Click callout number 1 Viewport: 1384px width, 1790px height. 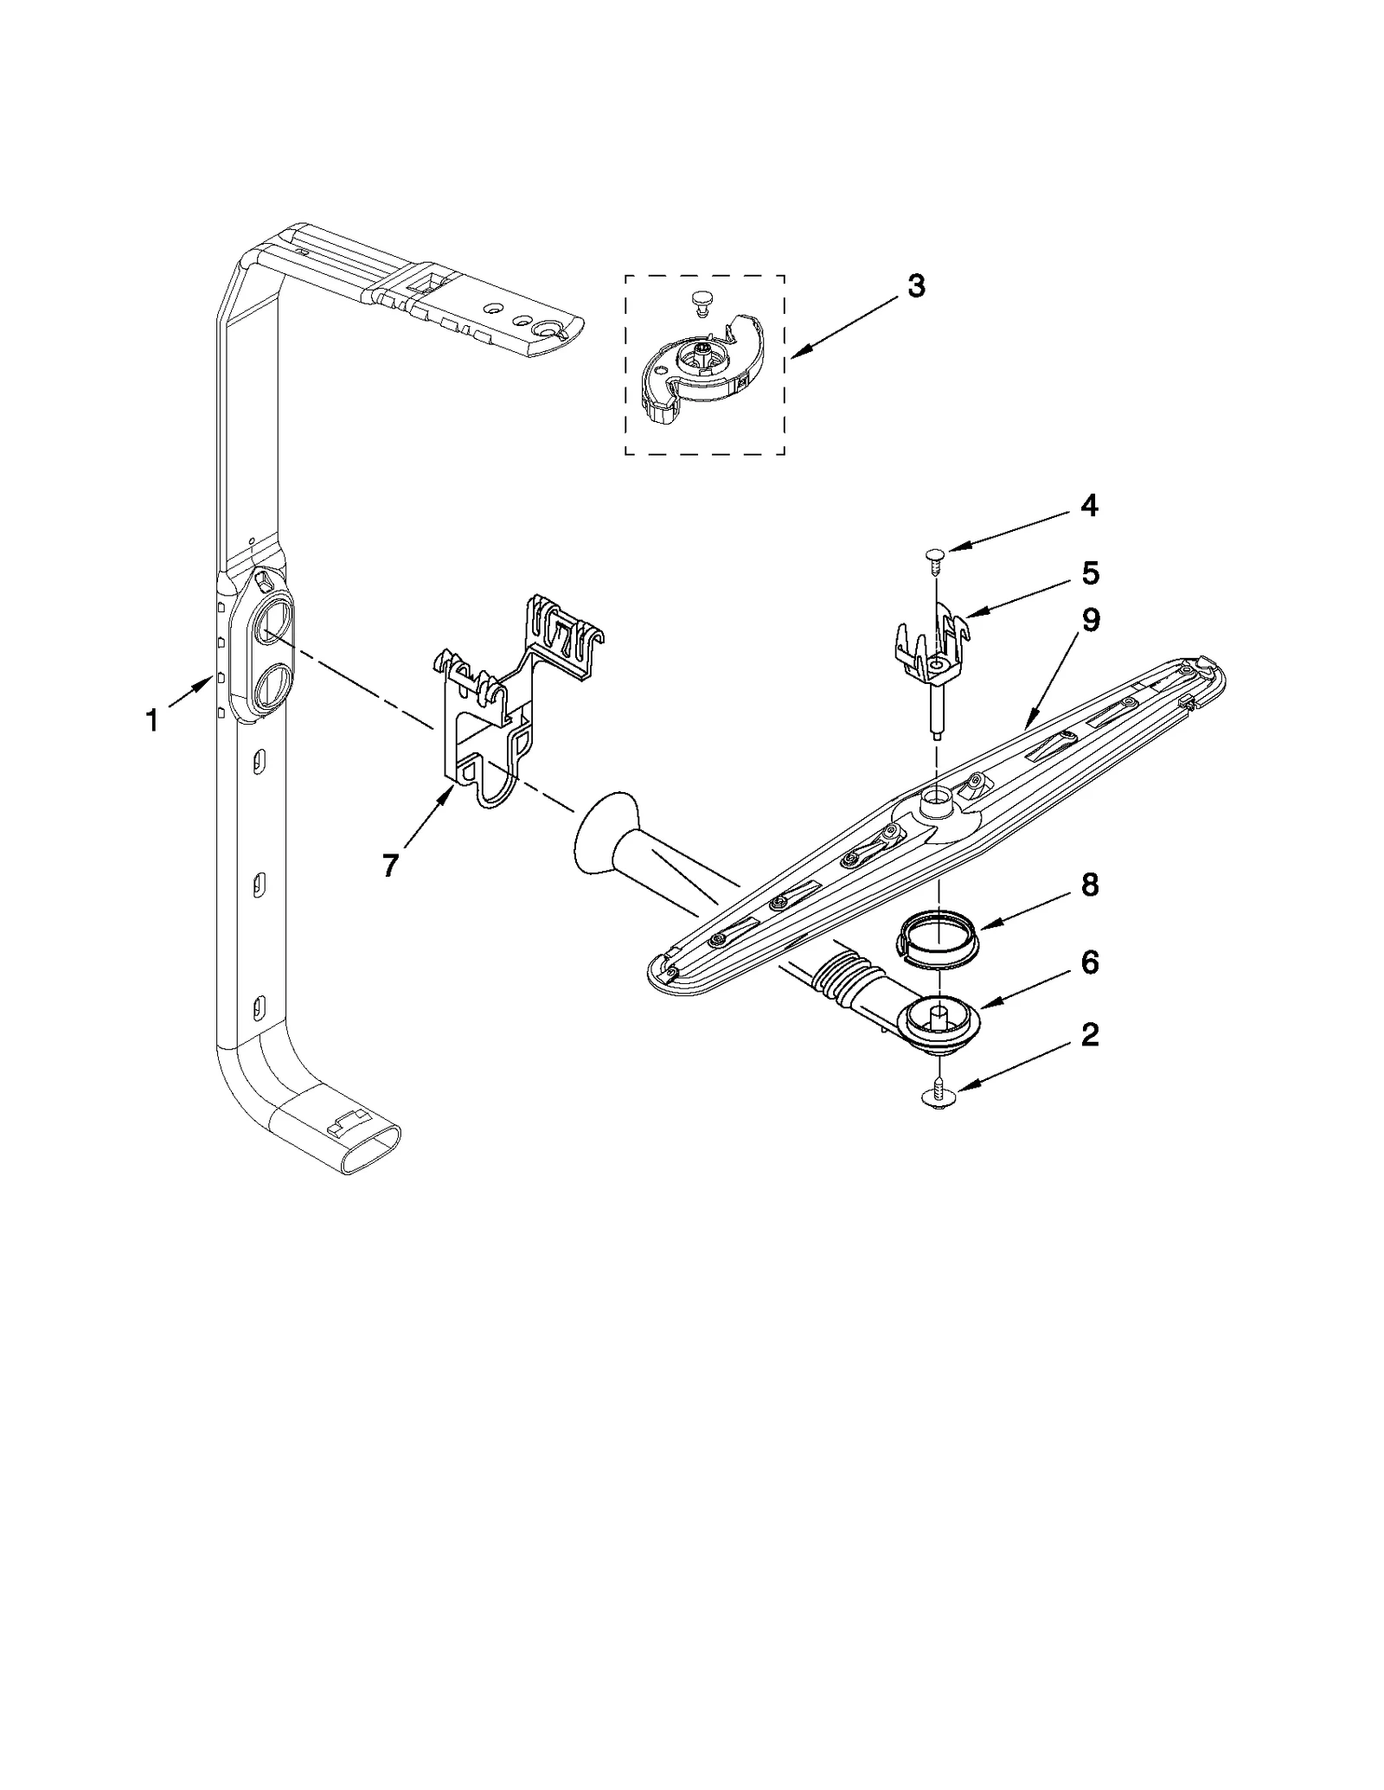[152, 720]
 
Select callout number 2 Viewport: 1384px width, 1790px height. [1089, 1035]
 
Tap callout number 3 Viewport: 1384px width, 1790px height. [916, 286]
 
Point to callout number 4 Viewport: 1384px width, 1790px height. [1089, 507]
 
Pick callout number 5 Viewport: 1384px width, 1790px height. [1090, 573]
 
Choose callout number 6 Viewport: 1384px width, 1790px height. [1090, 962]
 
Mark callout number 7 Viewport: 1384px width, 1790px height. [390, 865]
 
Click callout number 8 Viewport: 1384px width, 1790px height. [1090, 885]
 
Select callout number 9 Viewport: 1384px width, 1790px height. [1090, 620]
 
